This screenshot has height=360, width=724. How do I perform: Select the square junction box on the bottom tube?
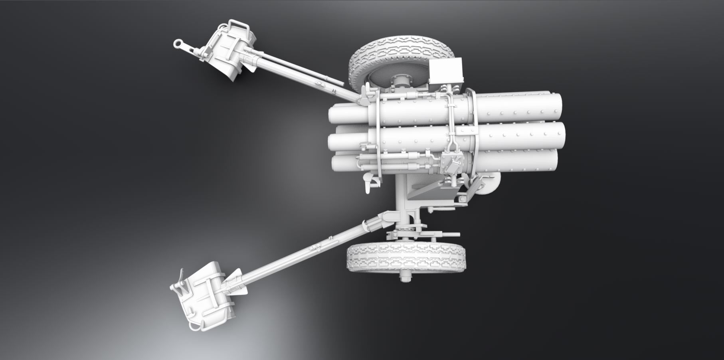coord(451,164)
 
